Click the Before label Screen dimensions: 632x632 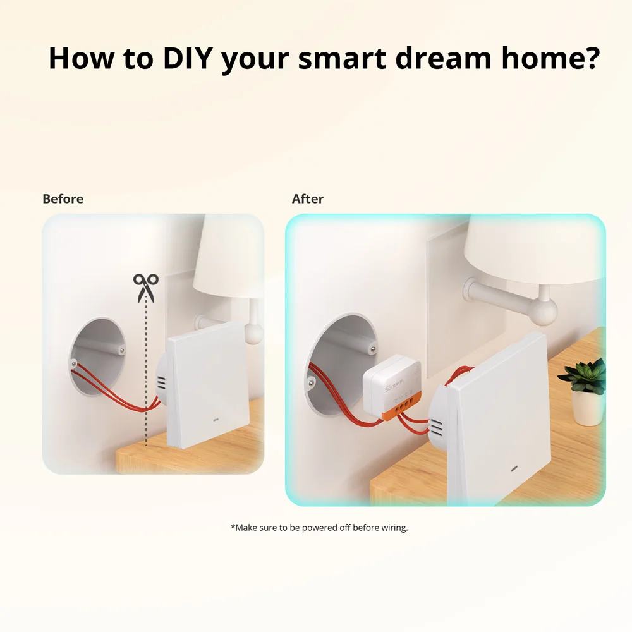click(x=63, y=199)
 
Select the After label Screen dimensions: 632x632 click(x=308, y=199)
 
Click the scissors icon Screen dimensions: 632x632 click(x=145, y=288)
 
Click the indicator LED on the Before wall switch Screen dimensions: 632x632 click(x=214, y=418)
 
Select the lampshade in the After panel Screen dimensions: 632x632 click(x=531, y=250)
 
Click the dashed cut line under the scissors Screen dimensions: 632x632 click(x=146, y=379)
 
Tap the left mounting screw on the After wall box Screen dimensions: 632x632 click(x=311, y=381)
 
